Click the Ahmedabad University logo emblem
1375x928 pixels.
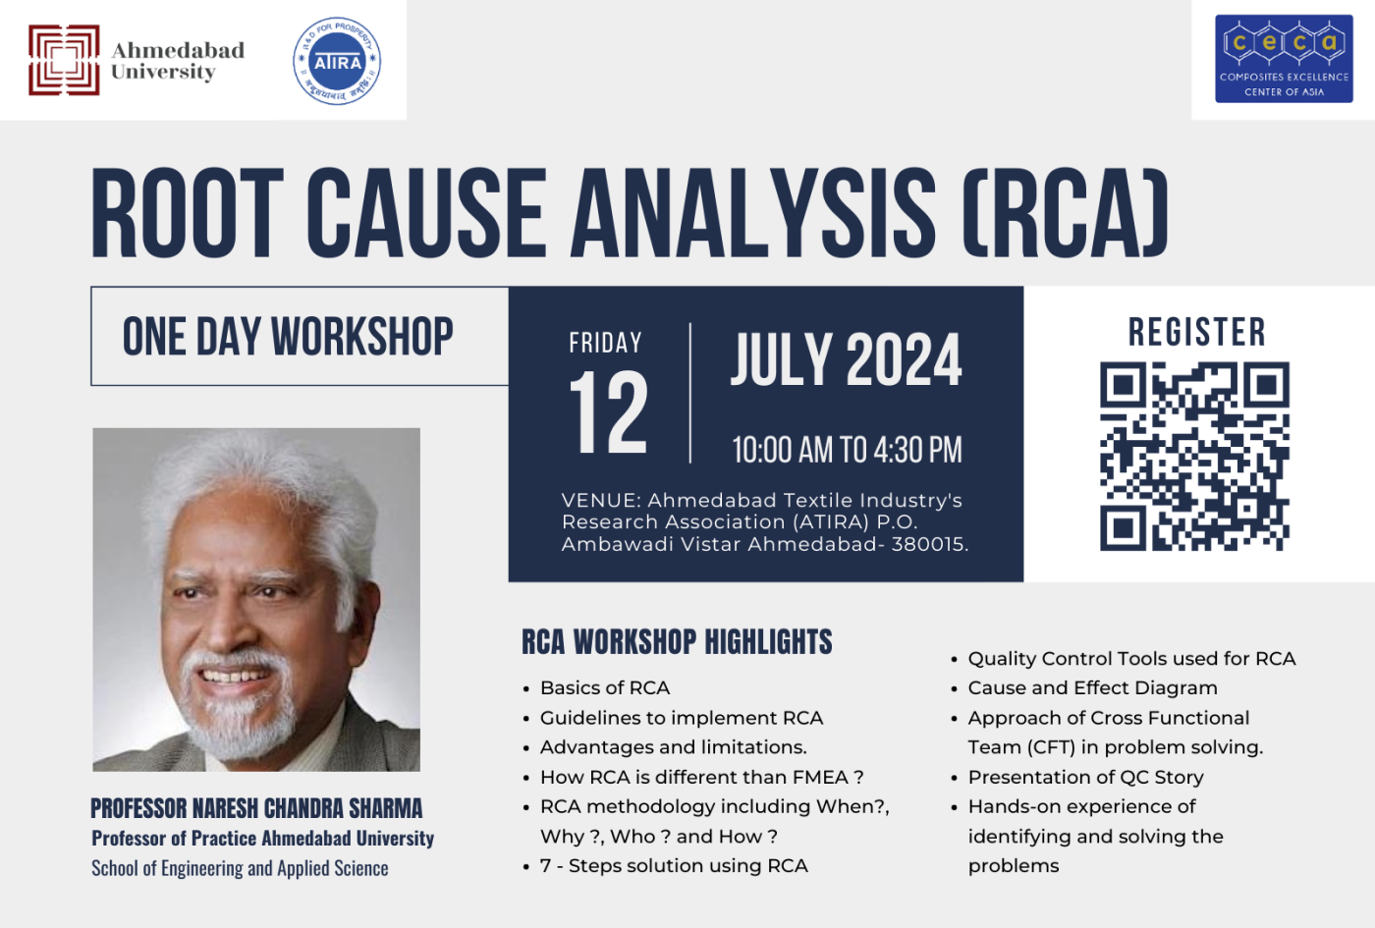click(x=64, y=60)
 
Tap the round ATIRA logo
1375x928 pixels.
click(x=337, y=61)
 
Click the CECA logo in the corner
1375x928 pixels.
click(x=1284, y=59)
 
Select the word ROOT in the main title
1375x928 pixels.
click(x=188, y=213)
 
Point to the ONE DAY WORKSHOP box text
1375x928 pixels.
click(x=288, y=337)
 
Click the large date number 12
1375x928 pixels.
click(x=609, y=413)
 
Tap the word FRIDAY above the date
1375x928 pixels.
click(x=605, y=343)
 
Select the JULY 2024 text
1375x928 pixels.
click(x=846, y=359)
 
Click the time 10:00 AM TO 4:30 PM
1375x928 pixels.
click(x=847, y=451)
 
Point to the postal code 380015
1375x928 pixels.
click(x=928, y=544)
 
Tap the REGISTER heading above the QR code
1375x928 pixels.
click(x=1196, y=333)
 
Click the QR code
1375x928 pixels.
click(x=1194, y=456)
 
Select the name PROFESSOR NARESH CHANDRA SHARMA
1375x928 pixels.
click(x=256, y=808)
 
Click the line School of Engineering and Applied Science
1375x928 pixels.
click(x=240, y=868)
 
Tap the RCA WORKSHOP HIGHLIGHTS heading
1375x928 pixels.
click(x=677, y=642)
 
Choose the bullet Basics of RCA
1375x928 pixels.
click(x=605, y=688)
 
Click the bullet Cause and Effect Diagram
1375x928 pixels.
click(x=1092, y=688)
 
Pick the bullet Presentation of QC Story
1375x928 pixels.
click(x=1085, y=777)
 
